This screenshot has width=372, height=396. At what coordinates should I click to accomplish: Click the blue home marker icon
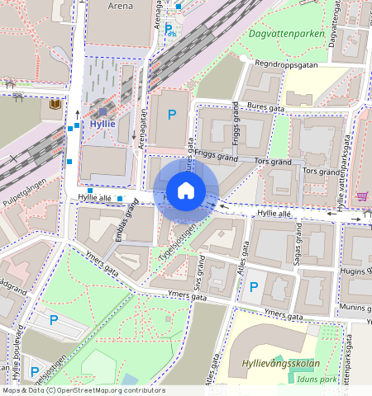186,191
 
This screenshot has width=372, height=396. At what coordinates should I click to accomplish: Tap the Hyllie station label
103,123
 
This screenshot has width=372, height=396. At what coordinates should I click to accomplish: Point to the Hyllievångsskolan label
280,364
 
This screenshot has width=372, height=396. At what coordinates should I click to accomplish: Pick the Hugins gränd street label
356,271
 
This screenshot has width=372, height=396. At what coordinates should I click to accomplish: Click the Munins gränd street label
354,307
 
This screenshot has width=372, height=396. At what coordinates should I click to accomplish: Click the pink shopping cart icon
361,196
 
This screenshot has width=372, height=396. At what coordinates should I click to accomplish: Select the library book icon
55,106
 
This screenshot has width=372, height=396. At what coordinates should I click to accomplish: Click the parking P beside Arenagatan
173,115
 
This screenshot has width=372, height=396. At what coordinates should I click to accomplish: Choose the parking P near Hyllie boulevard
54,320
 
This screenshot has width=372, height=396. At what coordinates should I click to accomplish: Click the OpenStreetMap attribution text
83,390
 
